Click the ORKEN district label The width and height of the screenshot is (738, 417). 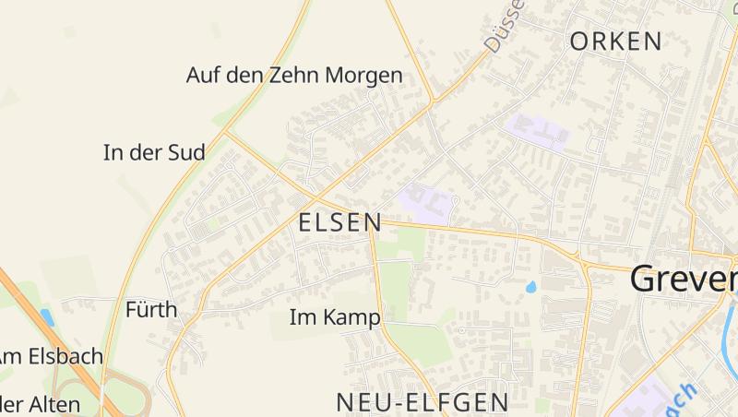pos(616,42)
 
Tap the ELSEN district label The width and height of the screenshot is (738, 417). pos(339,222)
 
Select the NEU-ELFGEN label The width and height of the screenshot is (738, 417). pos(423,402)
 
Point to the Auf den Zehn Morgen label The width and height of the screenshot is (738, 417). pos(294,76)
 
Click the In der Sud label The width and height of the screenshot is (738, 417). pos(154,153)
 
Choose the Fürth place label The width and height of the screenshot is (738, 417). pos(151,310)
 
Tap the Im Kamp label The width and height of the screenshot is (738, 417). pos(335,318)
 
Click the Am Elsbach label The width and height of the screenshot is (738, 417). pos(51,356)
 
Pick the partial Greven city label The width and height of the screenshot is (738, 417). pos(684,280)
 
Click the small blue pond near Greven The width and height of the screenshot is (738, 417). pos(531,288)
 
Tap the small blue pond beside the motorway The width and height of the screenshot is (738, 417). pos(46,317)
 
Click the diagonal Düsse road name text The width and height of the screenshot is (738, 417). pos(504,26)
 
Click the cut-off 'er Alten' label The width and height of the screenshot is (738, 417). pos(41,404)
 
